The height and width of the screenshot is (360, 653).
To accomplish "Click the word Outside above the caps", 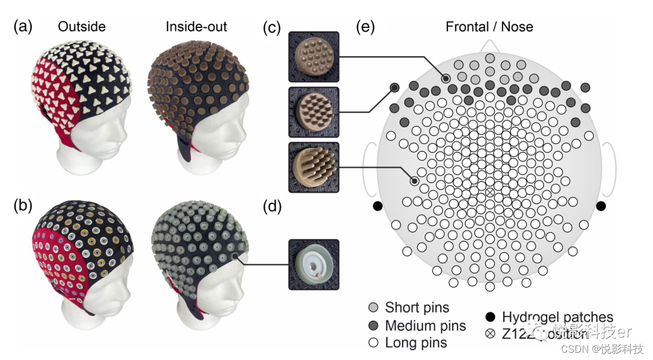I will (x=82, y=27).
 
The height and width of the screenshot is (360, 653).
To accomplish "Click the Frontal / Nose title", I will (x=489, y=27).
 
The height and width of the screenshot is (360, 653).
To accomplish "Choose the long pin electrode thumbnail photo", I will (x=314, y=167).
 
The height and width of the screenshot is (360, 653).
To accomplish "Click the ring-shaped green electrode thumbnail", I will (x=314, y=264).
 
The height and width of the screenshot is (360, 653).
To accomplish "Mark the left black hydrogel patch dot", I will (x=378, y=206).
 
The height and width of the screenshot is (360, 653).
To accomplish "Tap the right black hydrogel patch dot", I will (x=601, y=206).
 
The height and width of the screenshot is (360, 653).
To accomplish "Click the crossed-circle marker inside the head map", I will (x=490, y=193).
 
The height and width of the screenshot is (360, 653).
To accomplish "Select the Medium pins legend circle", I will (x=374, y=326).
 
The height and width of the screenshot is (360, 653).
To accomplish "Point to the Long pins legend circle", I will (x=374, y=343).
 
